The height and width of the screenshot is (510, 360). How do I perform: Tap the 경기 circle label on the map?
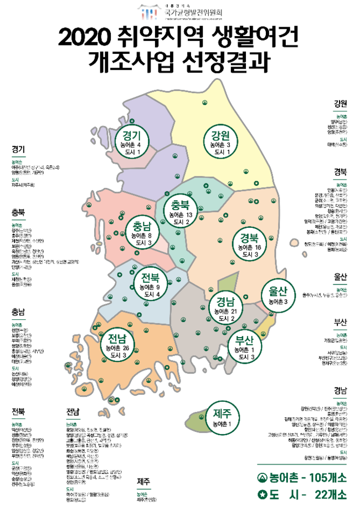tap(133, 141)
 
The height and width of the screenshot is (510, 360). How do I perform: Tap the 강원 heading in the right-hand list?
tap(341, 104)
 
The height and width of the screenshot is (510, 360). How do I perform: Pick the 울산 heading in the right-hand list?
tap(341, 276)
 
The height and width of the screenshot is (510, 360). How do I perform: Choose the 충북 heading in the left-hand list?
tap(19, 213)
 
